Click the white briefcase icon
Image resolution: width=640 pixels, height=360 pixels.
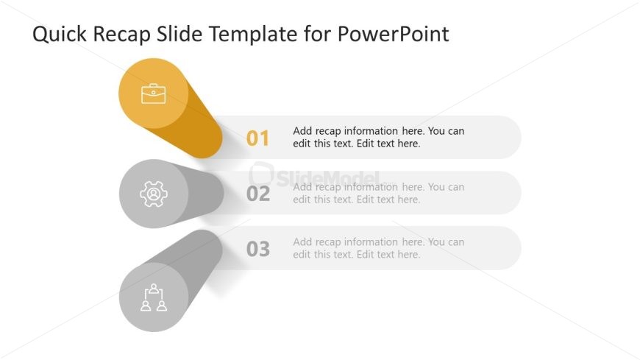[153, 93]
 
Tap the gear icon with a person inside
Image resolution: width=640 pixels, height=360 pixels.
[153, 194]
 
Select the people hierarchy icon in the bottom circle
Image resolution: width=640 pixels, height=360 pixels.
[153, 297]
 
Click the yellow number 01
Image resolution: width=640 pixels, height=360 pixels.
[257, 138]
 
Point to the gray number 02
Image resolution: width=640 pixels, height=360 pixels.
[257, 194]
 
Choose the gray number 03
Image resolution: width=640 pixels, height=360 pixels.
[257, 250]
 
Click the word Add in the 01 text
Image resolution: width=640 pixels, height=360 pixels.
[302, 131]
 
